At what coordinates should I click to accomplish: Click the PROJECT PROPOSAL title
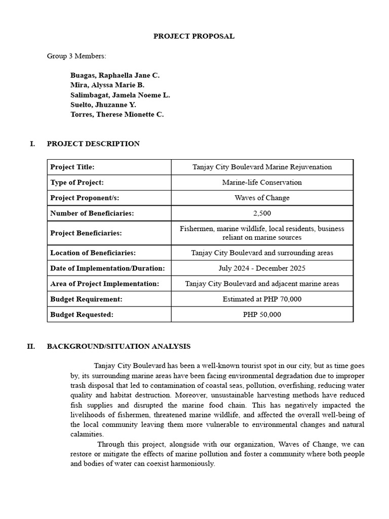click(194, 36)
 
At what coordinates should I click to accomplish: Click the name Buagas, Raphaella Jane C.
click(115, 75)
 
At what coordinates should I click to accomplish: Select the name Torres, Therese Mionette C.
click(117, 115)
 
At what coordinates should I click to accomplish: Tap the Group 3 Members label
click(76, 56)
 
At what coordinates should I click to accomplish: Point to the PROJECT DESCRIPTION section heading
click(93, 143)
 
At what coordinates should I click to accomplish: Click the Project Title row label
click(72, 167)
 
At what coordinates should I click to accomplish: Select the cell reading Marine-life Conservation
click(262, 182)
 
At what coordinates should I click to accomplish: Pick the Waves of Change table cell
click(262, 198)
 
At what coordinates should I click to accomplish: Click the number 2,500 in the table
click(262, 213)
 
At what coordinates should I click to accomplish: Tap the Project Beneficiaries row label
click(86, 233)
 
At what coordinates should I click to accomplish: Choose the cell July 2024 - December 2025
click(262, 268)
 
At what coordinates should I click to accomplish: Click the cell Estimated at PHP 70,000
click(262, 299)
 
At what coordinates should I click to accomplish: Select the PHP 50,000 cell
click(262, 314)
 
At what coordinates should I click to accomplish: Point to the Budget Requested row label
click(82, 314)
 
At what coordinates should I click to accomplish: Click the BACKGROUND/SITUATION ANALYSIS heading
click(119, 346)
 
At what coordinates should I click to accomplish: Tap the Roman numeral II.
click(31, 346)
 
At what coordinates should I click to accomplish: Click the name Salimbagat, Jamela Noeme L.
click(120, 95)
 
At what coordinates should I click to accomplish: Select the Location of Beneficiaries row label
click(93, 252)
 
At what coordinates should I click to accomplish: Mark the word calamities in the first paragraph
click(87, 434)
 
